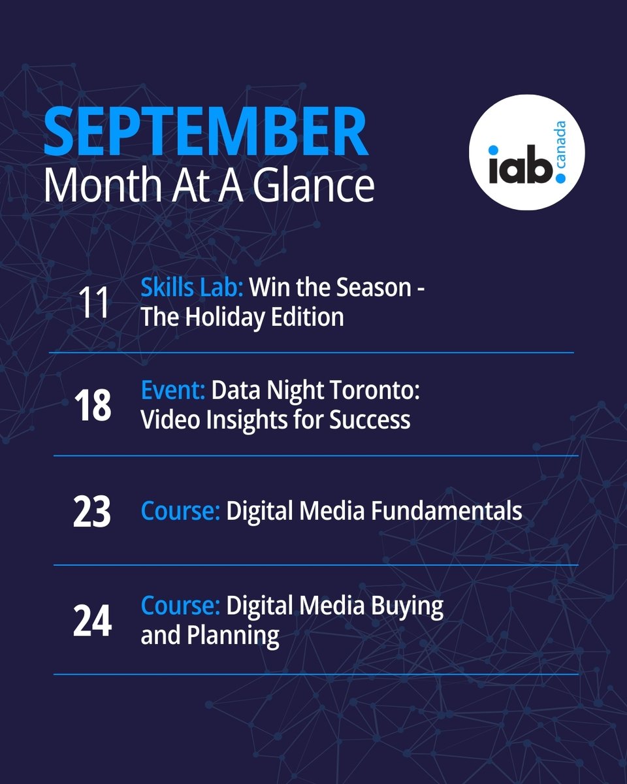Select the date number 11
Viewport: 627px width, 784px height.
tap(93, 304)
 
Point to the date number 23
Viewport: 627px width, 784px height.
tap(92, 511)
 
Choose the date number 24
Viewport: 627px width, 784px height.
tap(92, 621)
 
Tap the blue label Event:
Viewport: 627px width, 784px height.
tap(173, 391)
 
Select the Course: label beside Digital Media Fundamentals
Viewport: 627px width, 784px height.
tap(180, 511)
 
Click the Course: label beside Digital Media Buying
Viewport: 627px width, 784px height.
tap(180, 606)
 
